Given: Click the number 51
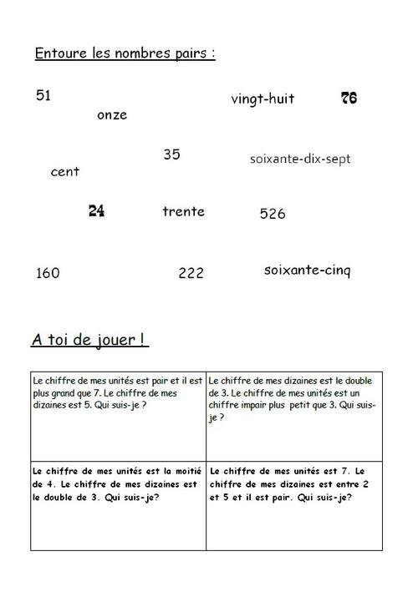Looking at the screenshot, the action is (x=43, y=96).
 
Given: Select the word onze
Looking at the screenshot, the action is (x=112, y=115).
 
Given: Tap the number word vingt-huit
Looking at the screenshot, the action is (x=263, y=99).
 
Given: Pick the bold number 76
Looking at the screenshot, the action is (x=349, y=98).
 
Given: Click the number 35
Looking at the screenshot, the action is (x=171, y=154).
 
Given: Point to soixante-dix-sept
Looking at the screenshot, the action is (x=300, y=158).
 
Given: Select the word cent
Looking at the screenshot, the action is (x=65, y=172).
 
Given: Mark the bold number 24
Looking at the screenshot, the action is (x=96, y=211).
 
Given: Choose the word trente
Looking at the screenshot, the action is (x=183, y=211).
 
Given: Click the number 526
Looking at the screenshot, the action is (x=273, y=214).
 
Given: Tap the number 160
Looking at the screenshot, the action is (x=48, y=273).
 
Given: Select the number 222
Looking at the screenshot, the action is (x=191, y=273).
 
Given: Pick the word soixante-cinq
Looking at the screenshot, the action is (x=307, y=271).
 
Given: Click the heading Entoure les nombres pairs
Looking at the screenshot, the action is (x=125, y=53).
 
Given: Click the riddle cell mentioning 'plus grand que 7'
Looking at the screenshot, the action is (x=118, y=413).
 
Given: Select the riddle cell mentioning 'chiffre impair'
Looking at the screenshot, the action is (x=294, y=413).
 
